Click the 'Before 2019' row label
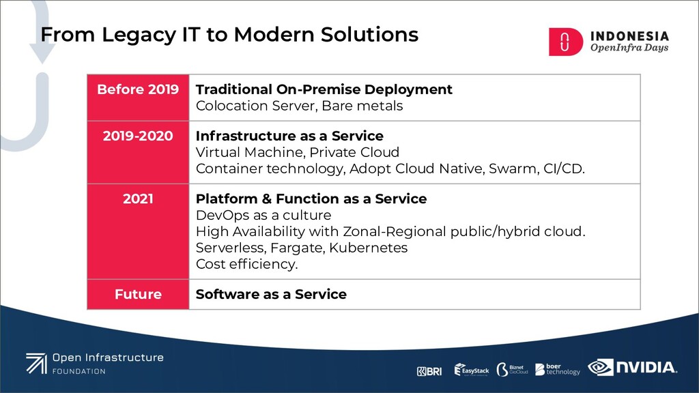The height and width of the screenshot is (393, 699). point(138,89)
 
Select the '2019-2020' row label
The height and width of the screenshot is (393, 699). point(138,136)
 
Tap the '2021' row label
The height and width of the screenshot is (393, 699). point(138,199)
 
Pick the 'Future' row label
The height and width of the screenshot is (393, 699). point(138,294)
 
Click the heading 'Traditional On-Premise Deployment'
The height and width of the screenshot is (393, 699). point(324,89)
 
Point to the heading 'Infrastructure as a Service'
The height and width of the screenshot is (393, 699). point(289,136)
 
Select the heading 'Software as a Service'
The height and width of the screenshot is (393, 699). point(271,294)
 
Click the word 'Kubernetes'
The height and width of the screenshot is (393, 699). point(368,248)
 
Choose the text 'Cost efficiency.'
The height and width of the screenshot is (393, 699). point(246,264)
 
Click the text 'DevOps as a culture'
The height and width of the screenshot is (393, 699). point(263,215)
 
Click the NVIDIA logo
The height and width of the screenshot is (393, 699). point(632,367)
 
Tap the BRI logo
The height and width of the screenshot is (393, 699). point(429,371)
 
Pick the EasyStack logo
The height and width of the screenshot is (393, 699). point(472,370)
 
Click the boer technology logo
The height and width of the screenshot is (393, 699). point(558,369)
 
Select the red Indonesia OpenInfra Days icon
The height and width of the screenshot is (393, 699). point(565,42)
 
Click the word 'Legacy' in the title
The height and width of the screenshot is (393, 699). point(139,35)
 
